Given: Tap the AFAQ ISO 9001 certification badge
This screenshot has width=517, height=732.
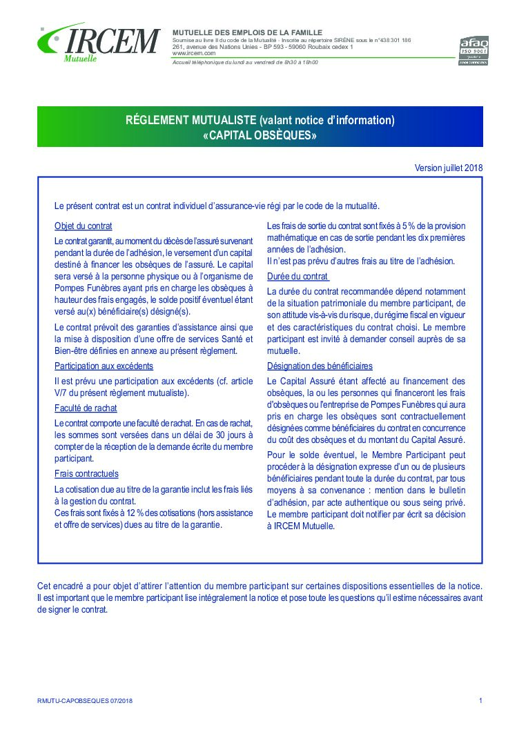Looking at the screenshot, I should tap(474, 50).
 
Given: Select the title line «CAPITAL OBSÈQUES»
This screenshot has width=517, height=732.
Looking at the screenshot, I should tap(260, 135).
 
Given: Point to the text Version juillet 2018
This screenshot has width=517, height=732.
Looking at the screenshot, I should tap(449, 168).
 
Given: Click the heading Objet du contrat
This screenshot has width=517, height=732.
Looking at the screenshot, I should tap(84, 226).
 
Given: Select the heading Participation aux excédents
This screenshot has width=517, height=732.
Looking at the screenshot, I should tap(104, 366).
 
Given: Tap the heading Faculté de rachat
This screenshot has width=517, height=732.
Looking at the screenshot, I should tap(86, 408).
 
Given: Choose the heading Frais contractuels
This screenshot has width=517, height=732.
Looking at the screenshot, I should tap(86, 473).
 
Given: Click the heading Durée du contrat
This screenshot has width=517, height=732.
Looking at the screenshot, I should tap(298, 276).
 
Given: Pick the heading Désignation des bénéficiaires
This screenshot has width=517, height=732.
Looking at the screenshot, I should tap(320, 366).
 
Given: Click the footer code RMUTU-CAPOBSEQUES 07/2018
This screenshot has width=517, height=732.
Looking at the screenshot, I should tap(85, 700).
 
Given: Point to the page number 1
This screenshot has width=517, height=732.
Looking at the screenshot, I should tap(480, 700).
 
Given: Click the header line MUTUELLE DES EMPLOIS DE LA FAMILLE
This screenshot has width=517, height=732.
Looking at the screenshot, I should tap(246, 32).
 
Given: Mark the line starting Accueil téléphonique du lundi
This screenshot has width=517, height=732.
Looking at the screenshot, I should tap(245, 63).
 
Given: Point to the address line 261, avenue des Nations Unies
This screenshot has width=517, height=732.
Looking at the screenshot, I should tap(220, 46).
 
